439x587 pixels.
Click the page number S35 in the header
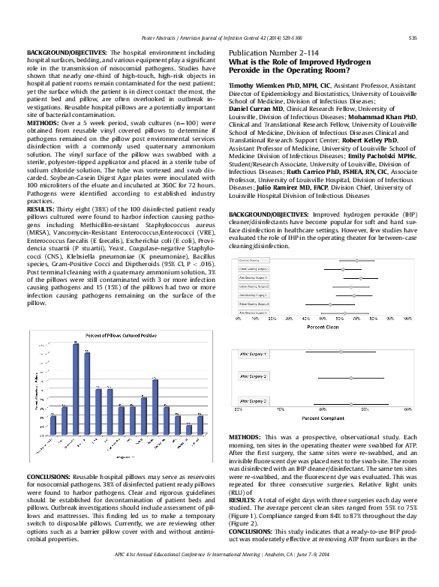tap(412, 37)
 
